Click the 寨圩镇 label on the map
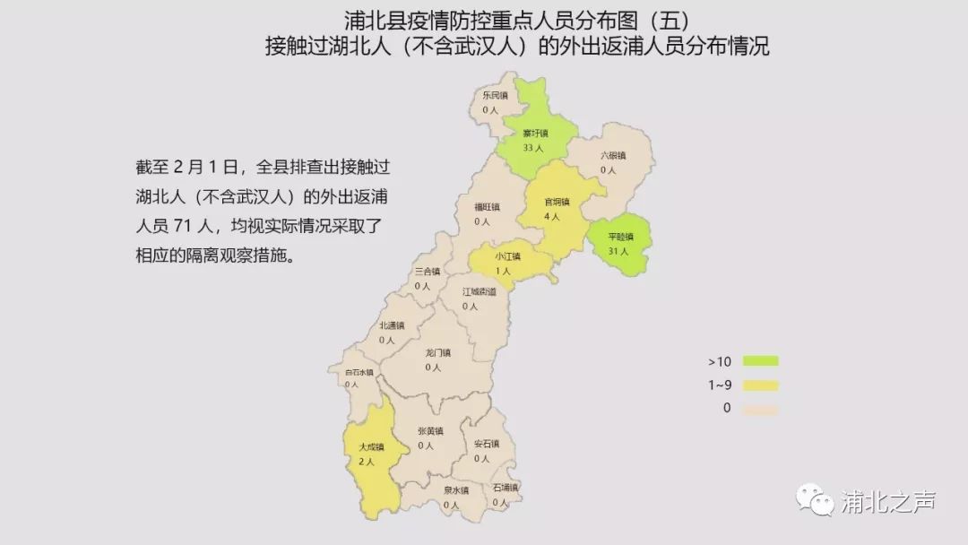pyautogui.click(x=536, y=134)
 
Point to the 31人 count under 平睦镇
pyautogui.click(x=619, y=252)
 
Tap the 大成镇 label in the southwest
pyautogui.click(x=370, y=446)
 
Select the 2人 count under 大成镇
pyautogui.click(x=367, y=462)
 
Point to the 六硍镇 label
pyautogui.click(x=613, y=155)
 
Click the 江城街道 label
pyautogui.click(x=479, y=291)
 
